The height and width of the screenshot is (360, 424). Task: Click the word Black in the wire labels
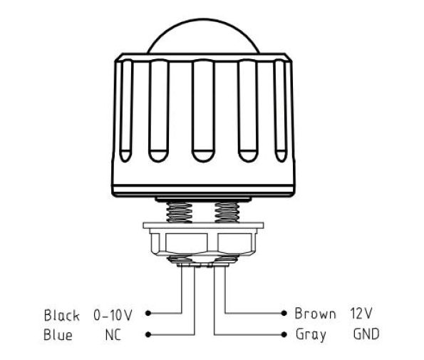coord(62,315)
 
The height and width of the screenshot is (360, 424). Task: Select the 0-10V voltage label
coord(113,315)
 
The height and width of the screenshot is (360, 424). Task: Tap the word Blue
coord(58,334)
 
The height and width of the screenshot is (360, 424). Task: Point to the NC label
coord(113,335)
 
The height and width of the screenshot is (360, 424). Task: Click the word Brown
coord(315,314)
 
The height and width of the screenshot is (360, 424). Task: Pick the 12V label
coord(361,313)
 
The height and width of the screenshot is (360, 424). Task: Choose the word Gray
coord(311,335)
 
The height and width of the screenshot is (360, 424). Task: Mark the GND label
coord(366,334)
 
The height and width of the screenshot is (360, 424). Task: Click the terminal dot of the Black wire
coord(148,313)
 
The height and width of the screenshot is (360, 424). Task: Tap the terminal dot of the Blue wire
coord(148,334)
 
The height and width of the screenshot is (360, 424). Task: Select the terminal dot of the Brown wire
coord(284,313)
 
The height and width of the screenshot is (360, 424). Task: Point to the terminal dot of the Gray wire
coord(284,334)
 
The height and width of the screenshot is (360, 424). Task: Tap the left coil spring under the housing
coord(180,212)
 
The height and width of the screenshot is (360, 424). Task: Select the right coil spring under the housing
coord(227,212)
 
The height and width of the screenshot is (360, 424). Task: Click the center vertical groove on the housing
coord(203,111)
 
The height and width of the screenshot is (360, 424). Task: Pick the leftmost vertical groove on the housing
coord(126,111)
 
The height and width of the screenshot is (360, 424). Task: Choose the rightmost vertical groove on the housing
coord(281,111)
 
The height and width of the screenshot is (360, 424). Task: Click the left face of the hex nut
coord(186,243)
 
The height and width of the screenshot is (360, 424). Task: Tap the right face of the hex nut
coord(234,243)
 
